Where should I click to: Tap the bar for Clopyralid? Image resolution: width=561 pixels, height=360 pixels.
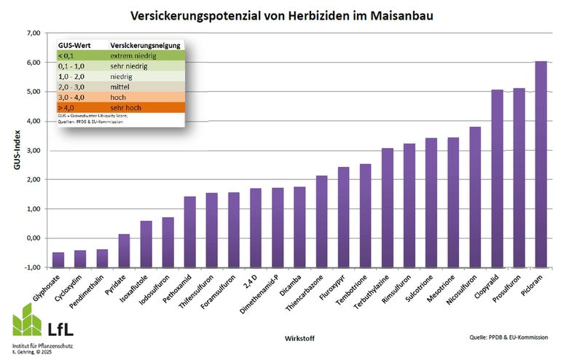point(497,179)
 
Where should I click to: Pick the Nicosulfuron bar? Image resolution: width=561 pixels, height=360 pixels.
point(475,197)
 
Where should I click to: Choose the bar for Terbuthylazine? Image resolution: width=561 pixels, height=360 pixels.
point(388,208)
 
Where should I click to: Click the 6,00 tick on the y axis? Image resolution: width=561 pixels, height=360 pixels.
point(32,63)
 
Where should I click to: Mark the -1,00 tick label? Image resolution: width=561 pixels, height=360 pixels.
point(31,267)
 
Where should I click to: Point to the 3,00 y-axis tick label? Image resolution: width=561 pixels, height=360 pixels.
point(32,151)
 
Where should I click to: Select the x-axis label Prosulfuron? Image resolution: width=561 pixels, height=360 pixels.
point(511,288)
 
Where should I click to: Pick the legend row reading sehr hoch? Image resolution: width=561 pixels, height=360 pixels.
point(120,109)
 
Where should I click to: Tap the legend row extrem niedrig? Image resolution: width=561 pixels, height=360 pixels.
point(120,55)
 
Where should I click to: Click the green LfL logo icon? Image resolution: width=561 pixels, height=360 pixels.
point(28,318)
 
